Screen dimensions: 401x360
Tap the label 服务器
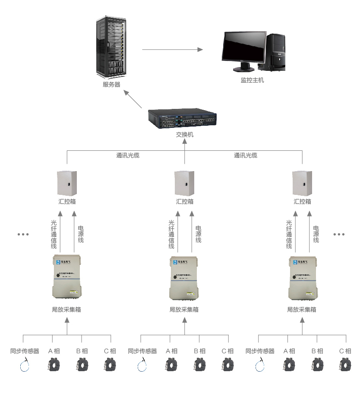(111, 85)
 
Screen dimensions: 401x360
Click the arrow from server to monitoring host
(172, 50)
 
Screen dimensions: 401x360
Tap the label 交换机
(185, 135)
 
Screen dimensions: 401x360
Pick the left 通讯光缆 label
(128, 155)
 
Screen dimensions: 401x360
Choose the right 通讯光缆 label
(246, 155)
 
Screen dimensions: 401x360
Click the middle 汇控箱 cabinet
(184, 183)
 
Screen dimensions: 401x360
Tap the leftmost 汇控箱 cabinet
(67, 183)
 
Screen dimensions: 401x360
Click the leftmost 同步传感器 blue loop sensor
(25, 366)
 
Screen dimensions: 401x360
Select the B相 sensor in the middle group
(199, 365)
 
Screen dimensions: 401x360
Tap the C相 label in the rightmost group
(345, 351)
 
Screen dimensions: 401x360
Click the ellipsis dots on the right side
(339, 234)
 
